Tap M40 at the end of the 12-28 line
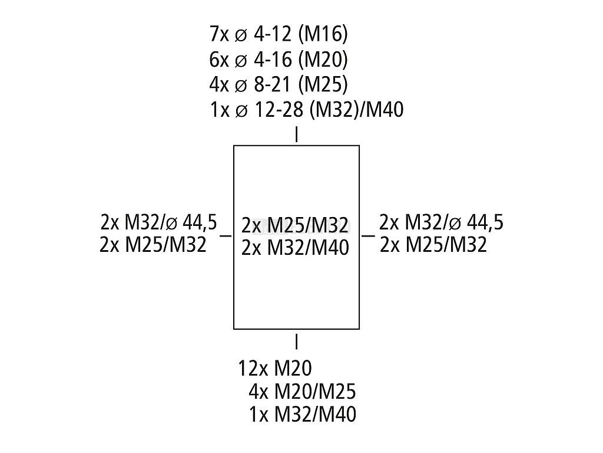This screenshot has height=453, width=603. coord(385,110)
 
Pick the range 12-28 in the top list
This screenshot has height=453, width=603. coord(280,110)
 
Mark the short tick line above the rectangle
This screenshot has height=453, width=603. coord(296,135)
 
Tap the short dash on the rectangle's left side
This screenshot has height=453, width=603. coord(225,235)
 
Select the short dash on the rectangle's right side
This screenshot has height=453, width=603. coord(368,235)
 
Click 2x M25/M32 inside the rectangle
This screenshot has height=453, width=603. coord(295,225)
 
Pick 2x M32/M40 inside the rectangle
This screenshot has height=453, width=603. coord(295,247)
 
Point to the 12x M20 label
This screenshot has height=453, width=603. coord(274,369)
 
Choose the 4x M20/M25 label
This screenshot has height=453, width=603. coord(302,392)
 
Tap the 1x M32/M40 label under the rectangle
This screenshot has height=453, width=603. coord(302,414)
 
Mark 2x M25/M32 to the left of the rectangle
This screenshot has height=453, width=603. coord(153,244)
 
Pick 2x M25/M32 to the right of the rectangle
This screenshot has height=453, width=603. coord(433,244)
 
